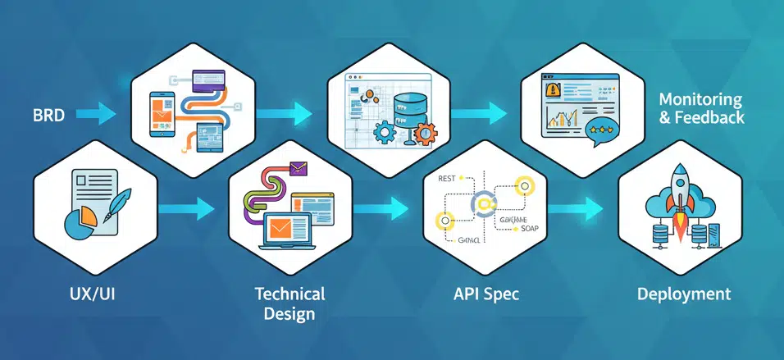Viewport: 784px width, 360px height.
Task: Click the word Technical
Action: [289, 294]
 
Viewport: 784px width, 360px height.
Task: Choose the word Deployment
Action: [684, 294]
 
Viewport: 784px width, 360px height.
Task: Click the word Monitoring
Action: [700, 100]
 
